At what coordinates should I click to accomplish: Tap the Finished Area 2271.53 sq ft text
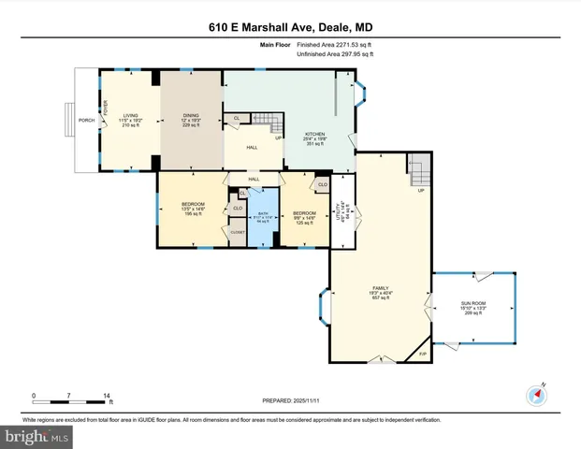click(x=333, y=44)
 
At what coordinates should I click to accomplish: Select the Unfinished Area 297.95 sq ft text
click(x=334, y=54)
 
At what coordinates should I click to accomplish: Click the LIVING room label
click(x=130, y=115)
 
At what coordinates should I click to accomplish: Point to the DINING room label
click(x=191, y=115)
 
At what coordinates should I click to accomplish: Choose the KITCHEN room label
click(x=313, y=135)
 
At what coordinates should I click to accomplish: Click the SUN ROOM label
click(x=473, y=305)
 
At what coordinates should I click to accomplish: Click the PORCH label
click(x=86, y=120)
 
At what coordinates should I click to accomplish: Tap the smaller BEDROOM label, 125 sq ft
click(x=304, y=211)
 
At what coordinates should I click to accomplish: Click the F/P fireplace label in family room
click(x=422, y=354)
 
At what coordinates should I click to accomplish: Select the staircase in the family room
click(x=418, y=171)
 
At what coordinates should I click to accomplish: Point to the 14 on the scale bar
click(x=108, y=397)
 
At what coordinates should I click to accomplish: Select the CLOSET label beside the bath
click(x=239, y=232)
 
